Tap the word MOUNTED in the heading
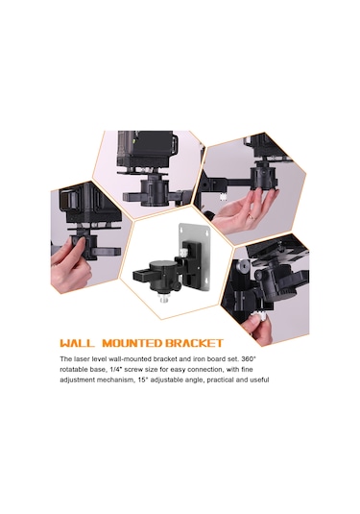[x=132, y=343]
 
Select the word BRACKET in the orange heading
[x=194, y=343]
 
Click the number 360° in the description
[x=250, y=358]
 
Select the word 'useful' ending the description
[x=260, y=379]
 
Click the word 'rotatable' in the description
[x=71, y=370]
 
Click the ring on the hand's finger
[x=251, y=216]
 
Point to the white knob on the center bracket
[x=182, y=253]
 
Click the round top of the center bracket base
[x=160, y=264]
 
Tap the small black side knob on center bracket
[x=177, y=286]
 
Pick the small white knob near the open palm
[x=224, y=196]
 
